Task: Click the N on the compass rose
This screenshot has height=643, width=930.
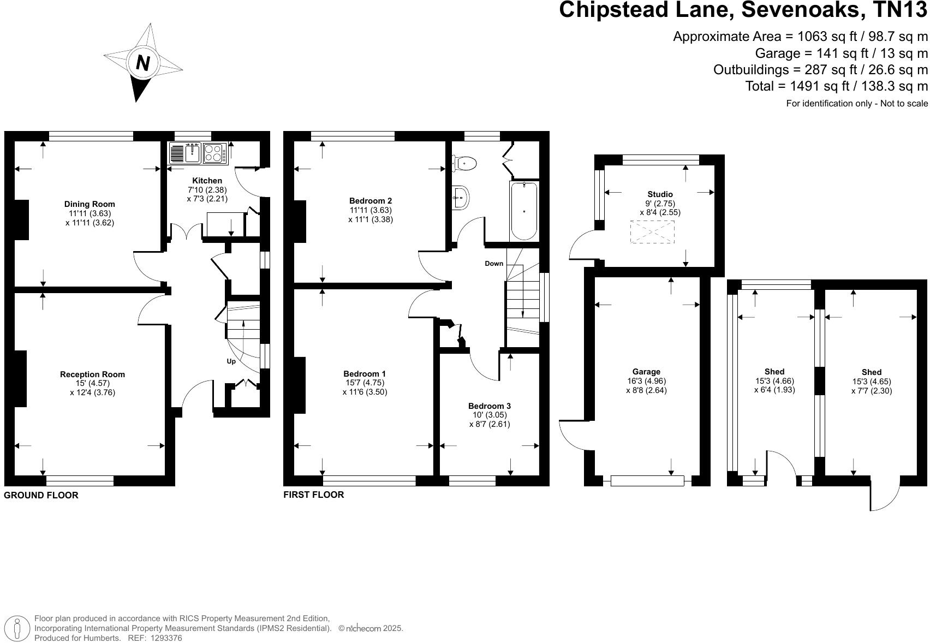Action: (142, 63)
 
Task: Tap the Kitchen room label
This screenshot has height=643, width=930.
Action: (207, 181)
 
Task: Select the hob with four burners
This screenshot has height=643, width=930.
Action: (215, 153)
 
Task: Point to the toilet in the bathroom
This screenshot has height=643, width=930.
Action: (465, 162)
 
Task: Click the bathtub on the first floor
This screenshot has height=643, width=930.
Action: (524, 211)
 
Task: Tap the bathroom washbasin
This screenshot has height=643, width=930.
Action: (461, 197)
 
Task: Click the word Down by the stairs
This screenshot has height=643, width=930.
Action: (494, 264)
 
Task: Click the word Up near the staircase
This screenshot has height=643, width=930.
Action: (231, 361)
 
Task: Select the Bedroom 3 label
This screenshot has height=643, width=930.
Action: (489, 406)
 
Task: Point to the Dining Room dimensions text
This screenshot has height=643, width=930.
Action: (90, 218)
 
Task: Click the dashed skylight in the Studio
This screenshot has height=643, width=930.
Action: (652, 232)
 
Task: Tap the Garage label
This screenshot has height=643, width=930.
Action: (646, 372)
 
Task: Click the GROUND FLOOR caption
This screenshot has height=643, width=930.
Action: (41, 495)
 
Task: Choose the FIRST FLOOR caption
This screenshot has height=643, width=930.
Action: (313, 495)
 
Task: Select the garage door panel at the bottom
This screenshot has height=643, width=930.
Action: (647, 481)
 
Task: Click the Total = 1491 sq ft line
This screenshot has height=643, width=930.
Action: (836, 86)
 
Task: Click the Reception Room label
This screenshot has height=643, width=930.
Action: (92, 374)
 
